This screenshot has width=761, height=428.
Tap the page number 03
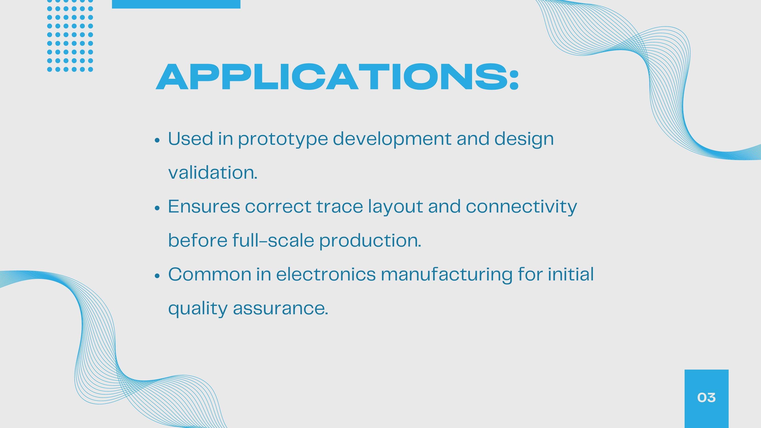click(x=706, y=398)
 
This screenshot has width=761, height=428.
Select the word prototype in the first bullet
click(x=283, y=139)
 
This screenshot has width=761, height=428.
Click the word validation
click(x=213, y=172)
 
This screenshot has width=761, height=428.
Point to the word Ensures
click(x=204, y=206)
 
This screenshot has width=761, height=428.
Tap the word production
click(x=370, y=241)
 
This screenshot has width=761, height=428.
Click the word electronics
click(x=326, y=274)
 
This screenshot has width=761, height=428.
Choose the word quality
click(x=198, y=309)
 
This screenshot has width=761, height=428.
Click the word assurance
click(x=281, y=309)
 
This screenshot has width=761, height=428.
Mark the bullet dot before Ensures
click(x=157, y=208)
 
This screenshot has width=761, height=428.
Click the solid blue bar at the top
click(x=176, y=4)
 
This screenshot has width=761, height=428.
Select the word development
click(x=392, y=139)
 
